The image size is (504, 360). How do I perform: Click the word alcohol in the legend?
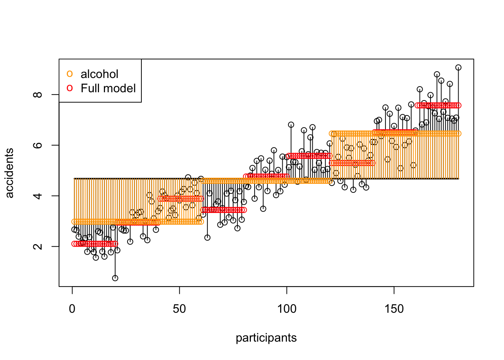99,74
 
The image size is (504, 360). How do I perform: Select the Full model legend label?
108,88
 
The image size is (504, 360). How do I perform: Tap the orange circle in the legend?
70,74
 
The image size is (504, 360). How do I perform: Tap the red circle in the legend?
70,88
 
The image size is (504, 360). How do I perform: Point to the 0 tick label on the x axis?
72,309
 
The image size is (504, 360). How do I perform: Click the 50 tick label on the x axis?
180,309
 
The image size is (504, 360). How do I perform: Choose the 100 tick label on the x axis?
287,309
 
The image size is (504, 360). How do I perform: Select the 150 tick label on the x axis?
394,309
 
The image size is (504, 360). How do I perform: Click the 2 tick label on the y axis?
38,246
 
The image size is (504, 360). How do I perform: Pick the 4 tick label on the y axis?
38,196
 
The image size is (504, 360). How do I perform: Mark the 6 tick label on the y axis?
38,145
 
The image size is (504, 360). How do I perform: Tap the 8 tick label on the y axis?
38,94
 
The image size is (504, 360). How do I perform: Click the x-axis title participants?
266,338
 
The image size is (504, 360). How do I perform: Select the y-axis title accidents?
9,173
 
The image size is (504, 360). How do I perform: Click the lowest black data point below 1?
115,278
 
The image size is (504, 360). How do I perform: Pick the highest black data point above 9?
458,67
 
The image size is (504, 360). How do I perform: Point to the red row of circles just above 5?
352,163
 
